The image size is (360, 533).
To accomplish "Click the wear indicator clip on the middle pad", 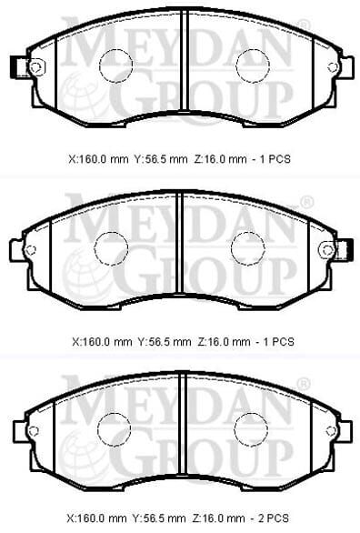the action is [348, 250].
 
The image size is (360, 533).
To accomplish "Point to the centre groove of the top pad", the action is [184, 60].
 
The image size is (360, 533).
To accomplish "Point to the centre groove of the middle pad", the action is [179, 242].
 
